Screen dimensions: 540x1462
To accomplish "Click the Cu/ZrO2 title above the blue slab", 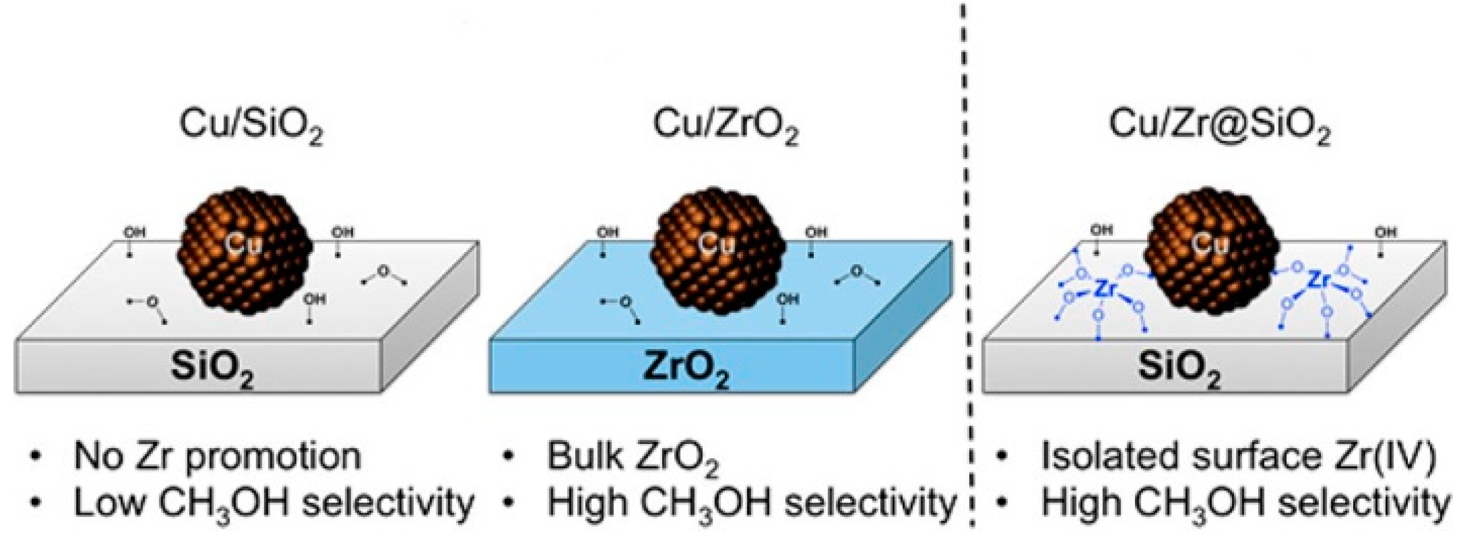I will [x=725, y=125].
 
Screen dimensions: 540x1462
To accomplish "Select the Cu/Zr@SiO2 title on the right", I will [x=1220, y=125].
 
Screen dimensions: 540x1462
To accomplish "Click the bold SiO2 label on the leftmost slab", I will [x=212, y=369].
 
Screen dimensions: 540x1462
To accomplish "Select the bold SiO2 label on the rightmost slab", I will [x=1179, y=369].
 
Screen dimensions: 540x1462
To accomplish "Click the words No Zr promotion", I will [x=218, y=456].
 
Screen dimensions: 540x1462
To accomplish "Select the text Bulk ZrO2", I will [x=632, y=456].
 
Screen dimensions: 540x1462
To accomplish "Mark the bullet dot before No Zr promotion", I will [x=37, y=456].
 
